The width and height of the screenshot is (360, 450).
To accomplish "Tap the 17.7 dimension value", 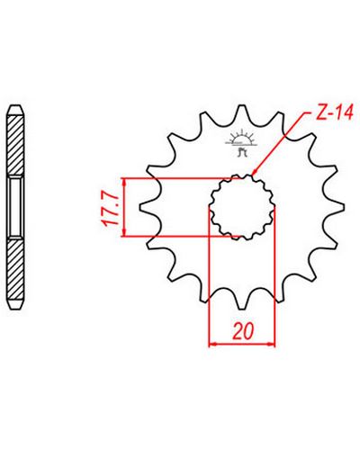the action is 108,208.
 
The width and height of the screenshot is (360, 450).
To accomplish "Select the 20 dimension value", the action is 243,330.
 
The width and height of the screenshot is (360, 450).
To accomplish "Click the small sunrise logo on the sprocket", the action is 241,143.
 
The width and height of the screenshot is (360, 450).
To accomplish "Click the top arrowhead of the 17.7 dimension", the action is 124,182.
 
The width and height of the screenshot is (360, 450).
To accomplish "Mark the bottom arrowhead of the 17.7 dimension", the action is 124,233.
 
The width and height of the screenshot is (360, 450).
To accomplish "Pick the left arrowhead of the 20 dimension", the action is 212,345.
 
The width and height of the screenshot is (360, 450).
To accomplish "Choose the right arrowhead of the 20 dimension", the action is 271,345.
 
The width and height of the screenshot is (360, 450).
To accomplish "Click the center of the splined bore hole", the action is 242,207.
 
